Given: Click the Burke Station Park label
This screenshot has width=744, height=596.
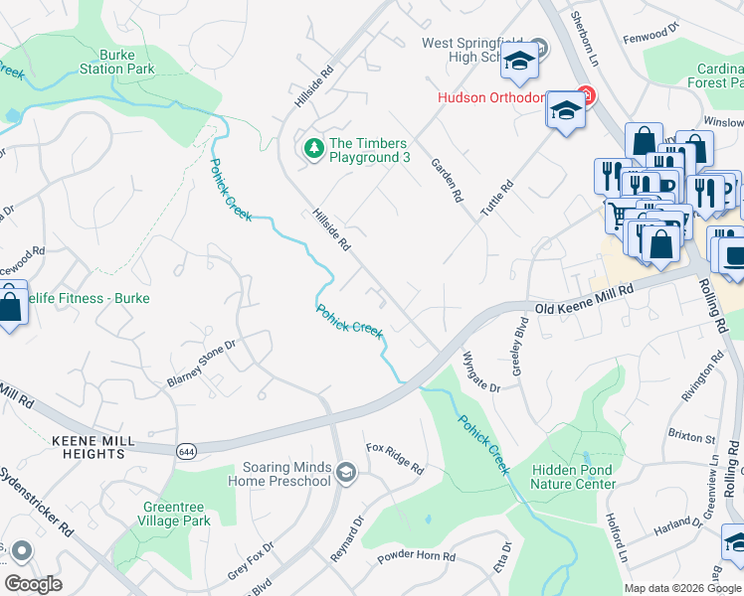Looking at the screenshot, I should (117, 62).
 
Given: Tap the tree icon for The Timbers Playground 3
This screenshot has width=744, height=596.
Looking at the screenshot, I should (314, 148).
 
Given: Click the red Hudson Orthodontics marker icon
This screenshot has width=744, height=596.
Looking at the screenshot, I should (586, 96).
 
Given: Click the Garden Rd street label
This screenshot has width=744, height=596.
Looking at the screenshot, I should (447, 180).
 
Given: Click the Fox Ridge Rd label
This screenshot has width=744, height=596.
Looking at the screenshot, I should (394, 457).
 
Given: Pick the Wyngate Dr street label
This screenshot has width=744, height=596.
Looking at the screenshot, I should (481, 371).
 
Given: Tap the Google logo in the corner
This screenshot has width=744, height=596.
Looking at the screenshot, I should (33, 583).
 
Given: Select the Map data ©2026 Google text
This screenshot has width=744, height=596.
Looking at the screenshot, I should (682, 588).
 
